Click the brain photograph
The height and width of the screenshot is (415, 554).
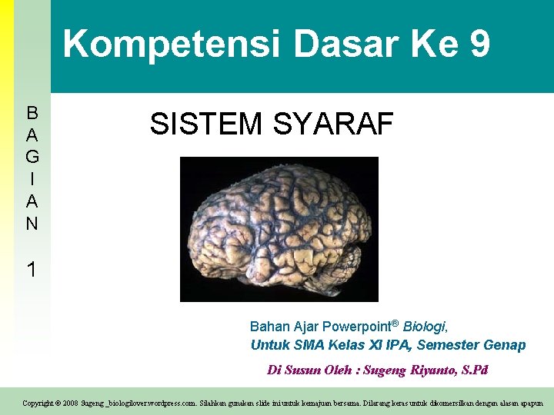[279, 228]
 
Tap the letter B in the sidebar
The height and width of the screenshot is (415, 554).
[32, 113]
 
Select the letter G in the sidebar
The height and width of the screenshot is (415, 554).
[32, 158]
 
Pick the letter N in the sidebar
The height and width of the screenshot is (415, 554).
[32, 224]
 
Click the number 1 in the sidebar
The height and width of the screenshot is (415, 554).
[32, 270]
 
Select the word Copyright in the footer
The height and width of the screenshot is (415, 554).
[38, 403]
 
